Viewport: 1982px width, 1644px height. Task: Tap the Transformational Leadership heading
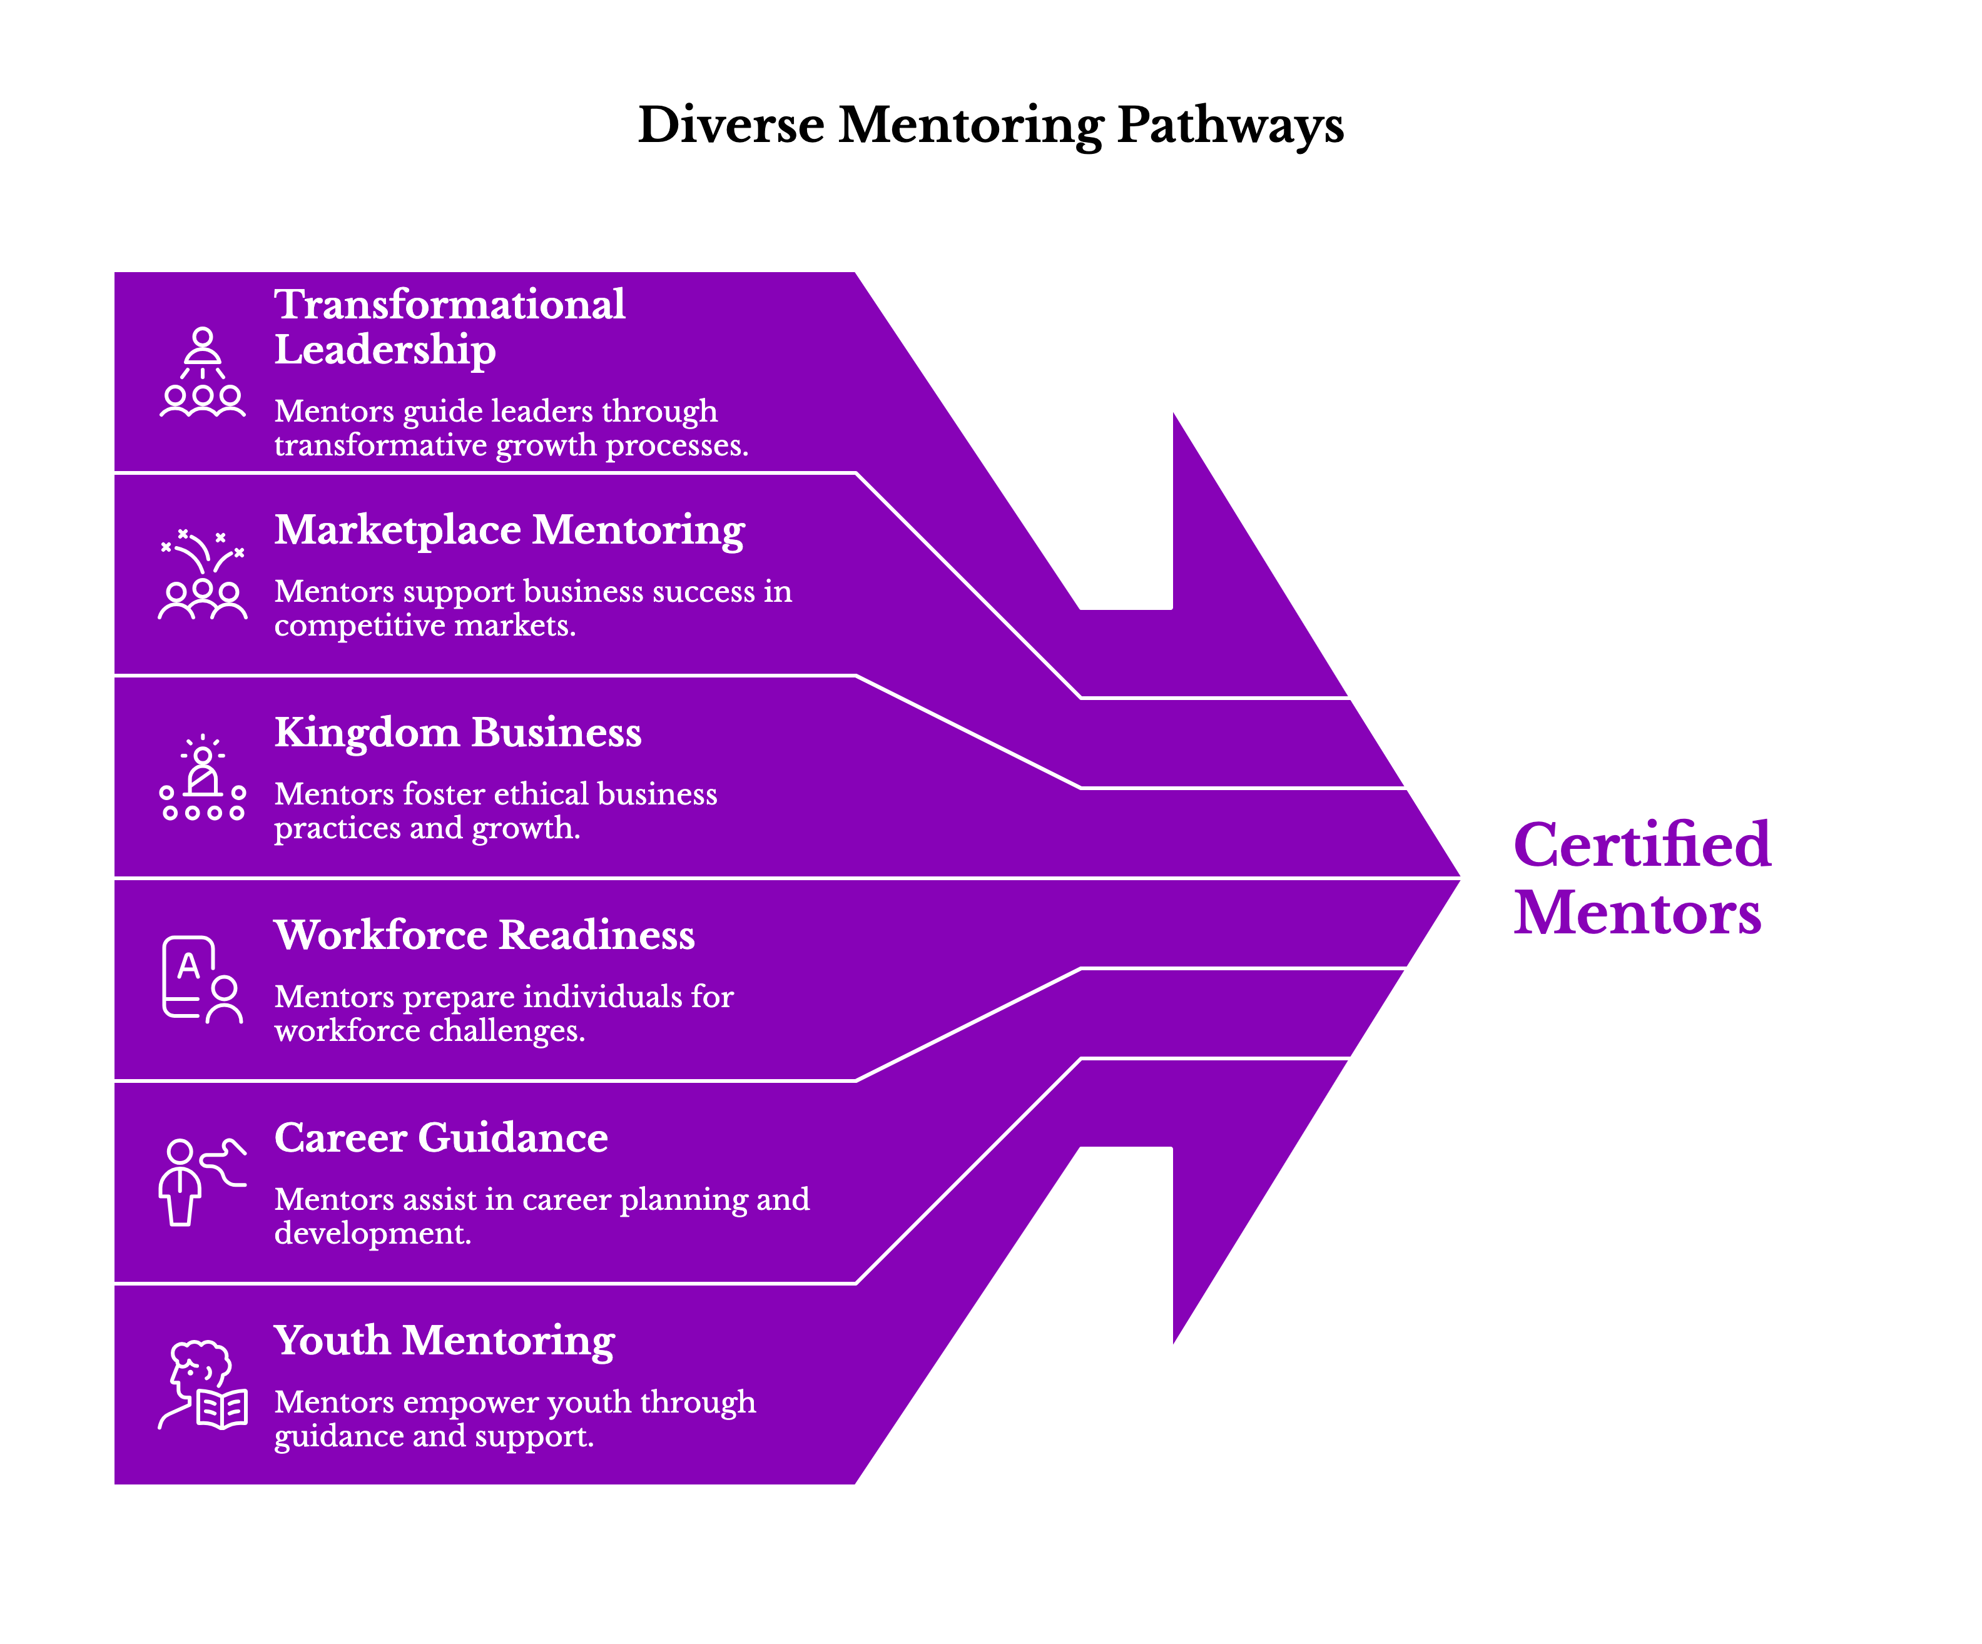tap(449, 327)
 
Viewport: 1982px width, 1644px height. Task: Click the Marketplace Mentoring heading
tap(510, 530)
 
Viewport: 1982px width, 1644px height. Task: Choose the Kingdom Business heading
tap(458, 733)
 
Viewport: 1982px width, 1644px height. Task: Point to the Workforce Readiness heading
tap(484, 936)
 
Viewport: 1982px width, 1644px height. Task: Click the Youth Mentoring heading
tap(444, 1341)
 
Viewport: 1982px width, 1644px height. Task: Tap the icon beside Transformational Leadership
tap(202, 373)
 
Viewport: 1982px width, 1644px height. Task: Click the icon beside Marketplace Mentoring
tap(202, 575)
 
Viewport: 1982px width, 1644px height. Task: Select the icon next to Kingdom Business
tap(202, 779)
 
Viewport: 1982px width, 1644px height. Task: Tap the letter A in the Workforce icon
tap(189, 965)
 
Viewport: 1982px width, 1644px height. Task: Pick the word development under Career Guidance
tap(371, 1234)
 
